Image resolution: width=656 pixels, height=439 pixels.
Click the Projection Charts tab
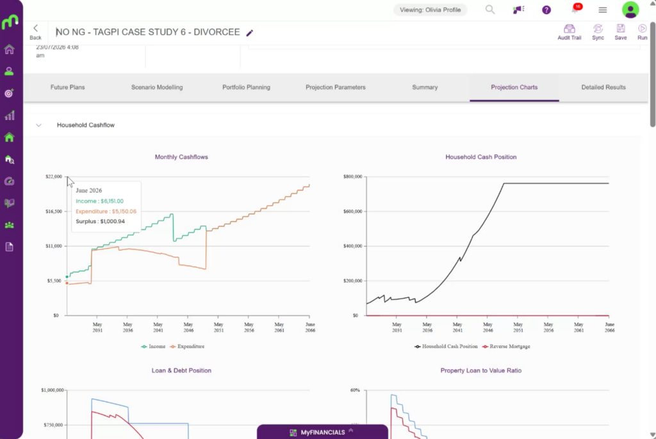514,87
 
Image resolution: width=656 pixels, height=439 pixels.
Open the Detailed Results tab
603,87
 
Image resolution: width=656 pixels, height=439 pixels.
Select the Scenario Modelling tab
157,87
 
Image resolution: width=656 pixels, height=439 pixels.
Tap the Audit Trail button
570,32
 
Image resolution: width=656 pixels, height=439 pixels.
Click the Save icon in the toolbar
620,32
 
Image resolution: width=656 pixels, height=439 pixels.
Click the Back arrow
36,31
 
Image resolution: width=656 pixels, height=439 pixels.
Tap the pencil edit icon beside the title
250,33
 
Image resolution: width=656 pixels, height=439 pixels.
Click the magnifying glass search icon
490,9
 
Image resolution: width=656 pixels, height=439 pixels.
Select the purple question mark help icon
546,10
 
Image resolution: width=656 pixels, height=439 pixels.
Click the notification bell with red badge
576,9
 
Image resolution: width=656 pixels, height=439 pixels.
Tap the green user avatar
630,10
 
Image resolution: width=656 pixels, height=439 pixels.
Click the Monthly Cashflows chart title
181,157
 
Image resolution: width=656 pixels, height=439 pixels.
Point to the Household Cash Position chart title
480,157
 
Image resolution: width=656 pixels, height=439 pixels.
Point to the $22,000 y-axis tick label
54,177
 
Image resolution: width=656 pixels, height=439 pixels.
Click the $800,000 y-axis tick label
353,177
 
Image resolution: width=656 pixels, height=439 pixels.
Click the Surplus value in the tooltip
113,221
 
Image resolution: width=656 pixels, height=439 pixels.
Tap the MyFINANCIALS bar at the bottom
323,432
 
